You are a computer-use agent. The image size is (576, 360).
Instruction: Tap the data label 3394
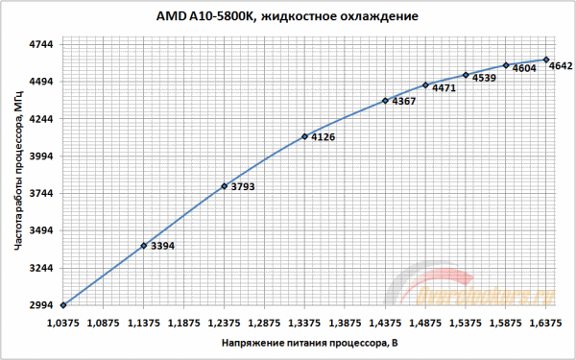click(x=163, y=247)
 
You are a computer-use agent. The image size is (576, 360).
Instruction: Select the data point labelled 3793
click(x=224, y=186)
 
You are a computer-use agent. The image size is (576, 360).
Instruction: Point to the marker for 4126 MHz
click(x=304, y=136)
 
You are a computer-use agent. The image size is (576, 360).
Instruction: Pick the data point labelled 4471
click(x=425, y=84)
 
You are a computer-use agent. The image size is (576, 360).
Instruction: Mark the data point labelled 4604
click(x=506, y=65)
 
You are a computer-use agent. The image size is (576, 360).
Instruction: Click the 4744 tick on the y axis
click(x=41, y=45)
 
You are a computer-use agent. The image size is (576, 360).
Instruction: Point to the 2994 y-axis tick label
click(x=41, y=305)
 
